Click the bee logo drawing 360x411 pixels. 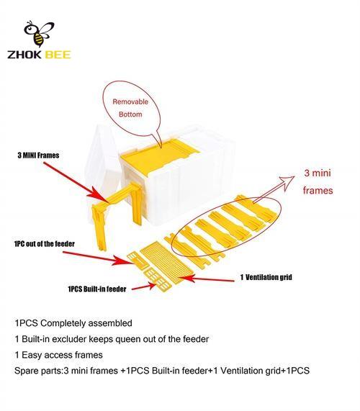pos(39,34)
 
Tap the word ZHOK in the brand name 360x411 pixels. pos(24,55)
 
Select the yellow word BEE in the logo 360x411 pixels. pos(58,55)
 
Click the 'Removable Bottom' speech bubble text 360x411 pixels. pos(130,108)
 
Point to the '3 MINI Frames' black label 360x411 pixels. pos(39,155)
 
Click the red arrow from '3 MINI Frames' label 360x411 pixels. pos(76,182)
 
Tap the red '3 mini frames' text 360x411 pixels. pos(318,181)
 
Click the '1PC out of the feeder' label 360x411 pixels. pos(45,244)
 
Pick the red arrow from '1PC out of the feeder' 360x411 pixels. pos(99,258)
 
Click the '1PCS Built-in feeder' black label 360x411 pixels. pos(97,289)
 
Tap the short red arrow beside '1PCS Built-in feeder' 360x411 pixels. pos(143,286)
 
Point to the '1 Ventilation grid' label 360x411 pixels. pos(266,277)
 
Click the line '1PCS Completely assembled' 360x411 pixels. pos(73,323)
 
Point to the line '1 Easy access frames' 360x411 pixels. pos(59,355)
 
